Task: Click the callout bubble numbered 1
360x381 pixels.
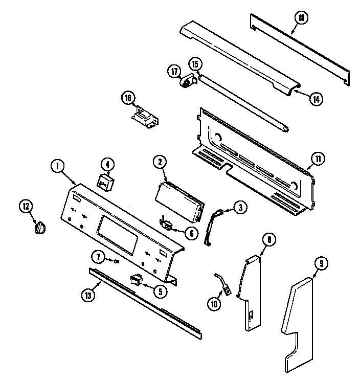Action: (x=58, y=166)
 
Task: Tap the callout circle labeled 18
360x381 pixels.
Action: (x=302, y=18)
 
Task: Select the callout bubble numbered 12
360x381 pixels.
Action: (x=26, y=207)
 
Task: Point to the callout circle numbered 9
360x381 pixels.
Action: (x=321, y=264)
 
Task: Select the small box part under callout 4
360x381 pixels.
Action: (x=106, y=182)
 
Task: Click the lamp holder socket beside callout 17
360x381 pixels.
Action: (x=187, y=81)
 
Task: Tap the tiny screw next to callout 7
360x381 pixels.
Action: (x=117, y=262)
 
